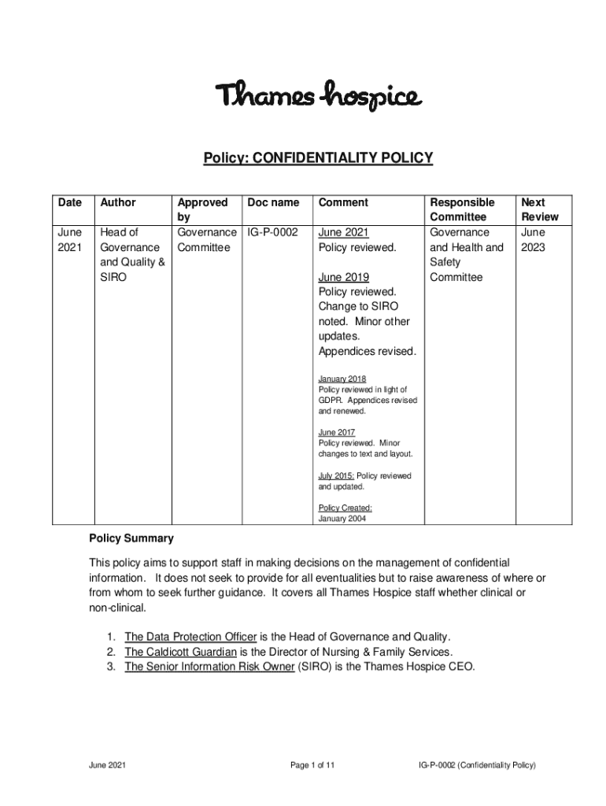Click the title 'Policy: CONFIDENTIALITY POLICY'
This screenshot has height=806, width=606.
click(319, 157)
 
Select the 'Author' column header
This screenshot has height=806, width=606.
click(117, 202)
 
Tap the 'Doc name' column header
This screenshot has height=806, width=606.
click(273, 202)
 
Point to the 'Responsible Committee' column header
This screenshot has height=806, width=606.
click(462, 209)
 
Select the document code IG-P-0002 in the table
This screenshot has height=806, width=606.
click(273, 232)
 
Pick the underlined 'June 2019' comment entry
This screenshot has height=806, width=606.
click(344, 277)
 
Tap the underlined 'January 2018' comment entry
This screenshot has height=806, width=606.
click(342, 379)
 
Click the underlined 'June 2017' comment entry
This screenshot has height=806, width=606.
click(337, 432)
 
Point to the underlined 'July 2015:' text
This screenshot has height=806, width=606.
click(337, 475)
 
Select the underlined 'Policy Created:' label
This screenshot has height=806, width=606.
click(345, 508)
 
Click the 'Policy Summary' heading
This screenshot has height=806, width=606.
click(131, 539)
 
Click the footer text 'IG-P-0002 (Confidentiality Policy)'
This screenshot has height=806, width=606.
click(478, 765)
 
